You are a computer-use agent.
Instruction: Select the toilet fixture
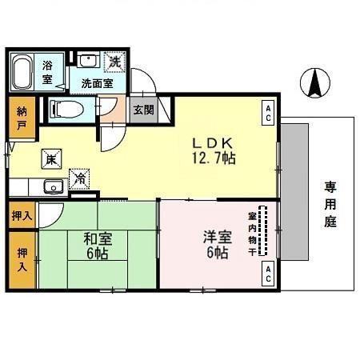tap(67, 108)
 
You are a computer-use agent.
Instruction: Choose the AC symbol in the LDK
tap(267, 112)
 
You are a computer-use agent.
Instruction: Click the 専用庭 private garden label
tap(330, 204)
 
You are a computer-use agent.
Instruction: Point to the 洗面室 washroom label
tap(95, 82)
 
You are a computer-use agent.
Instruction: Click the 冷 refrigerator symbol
tap(80, 179)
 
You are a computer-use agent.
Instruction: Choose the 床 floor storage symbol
tap(50, 158)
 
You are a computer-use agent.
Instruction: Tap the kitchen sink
tap(52, 188)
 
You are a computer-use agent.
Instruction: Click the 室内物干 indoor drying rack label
tap(252, 233)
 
